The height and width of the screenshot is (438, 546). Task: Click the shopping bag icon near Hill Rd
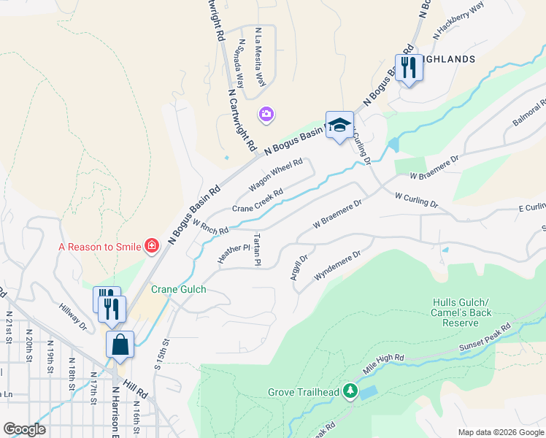120,344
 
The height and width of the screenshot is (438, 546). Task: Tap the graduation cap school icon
339,125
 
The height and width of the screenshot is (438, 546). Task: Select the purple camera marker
266,114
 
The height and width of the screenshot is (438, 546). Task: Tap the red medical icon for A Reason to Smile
152,246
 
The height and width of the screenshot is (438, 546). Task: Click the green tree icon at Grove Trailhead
350,393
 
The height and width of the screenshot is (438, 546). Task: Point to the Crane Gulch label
179,289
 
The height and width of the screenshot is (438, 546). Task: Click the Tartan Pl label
257,250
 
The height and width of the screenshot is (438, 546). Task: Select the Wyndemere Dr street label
337,266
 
